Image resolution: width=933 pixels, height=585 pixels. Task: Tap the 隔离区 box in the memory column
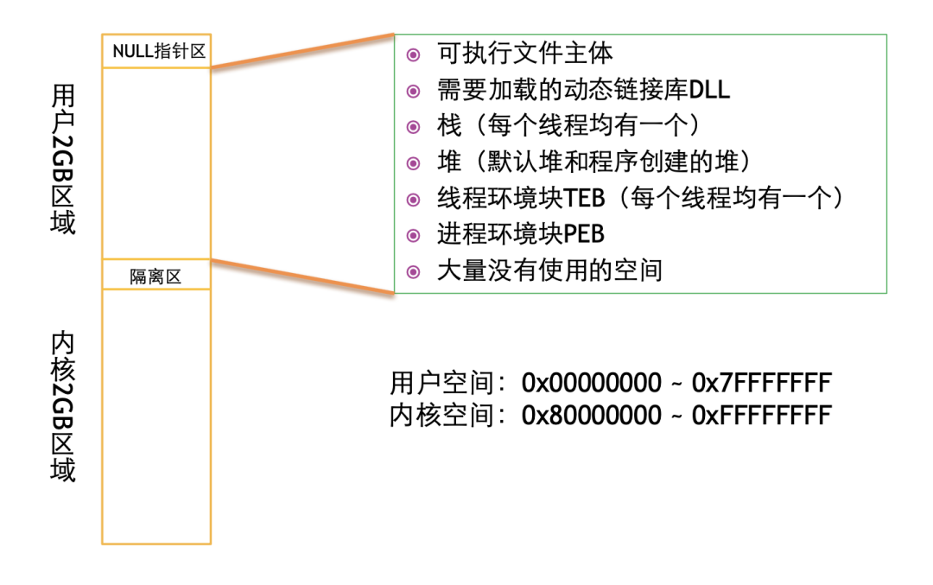[155, 277]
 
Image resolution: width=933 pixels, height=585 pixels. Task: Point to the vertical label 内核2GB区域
[63, 406]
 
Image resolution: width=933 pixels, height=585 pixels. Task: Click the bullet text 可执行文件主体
[525, 54]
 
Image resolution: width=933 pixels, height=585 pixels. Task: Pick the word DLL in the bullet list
[711, 90]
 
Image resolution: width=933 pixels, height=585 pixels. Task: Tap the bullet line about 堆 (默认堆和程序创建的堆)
[592, 162]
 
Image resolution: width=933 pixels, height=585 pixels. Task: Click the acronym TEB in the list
[584, 198]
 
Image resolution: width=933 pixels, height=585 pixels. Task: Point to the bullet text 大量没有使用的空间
[549, 270]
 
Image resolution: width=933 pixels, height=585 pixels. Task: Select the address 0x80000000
[591, 416]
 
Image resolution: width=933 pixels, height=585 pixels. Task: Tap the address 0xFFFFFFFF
[762, 416]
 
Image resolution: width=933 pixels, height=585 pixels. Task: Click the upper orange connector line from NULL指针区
[302, 51]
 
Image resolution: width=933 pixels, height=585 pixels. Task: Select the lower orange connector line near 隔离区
[302, 275]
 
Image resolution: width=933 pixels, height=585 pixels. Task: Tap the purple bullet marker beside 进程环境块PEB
[414, 235]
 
